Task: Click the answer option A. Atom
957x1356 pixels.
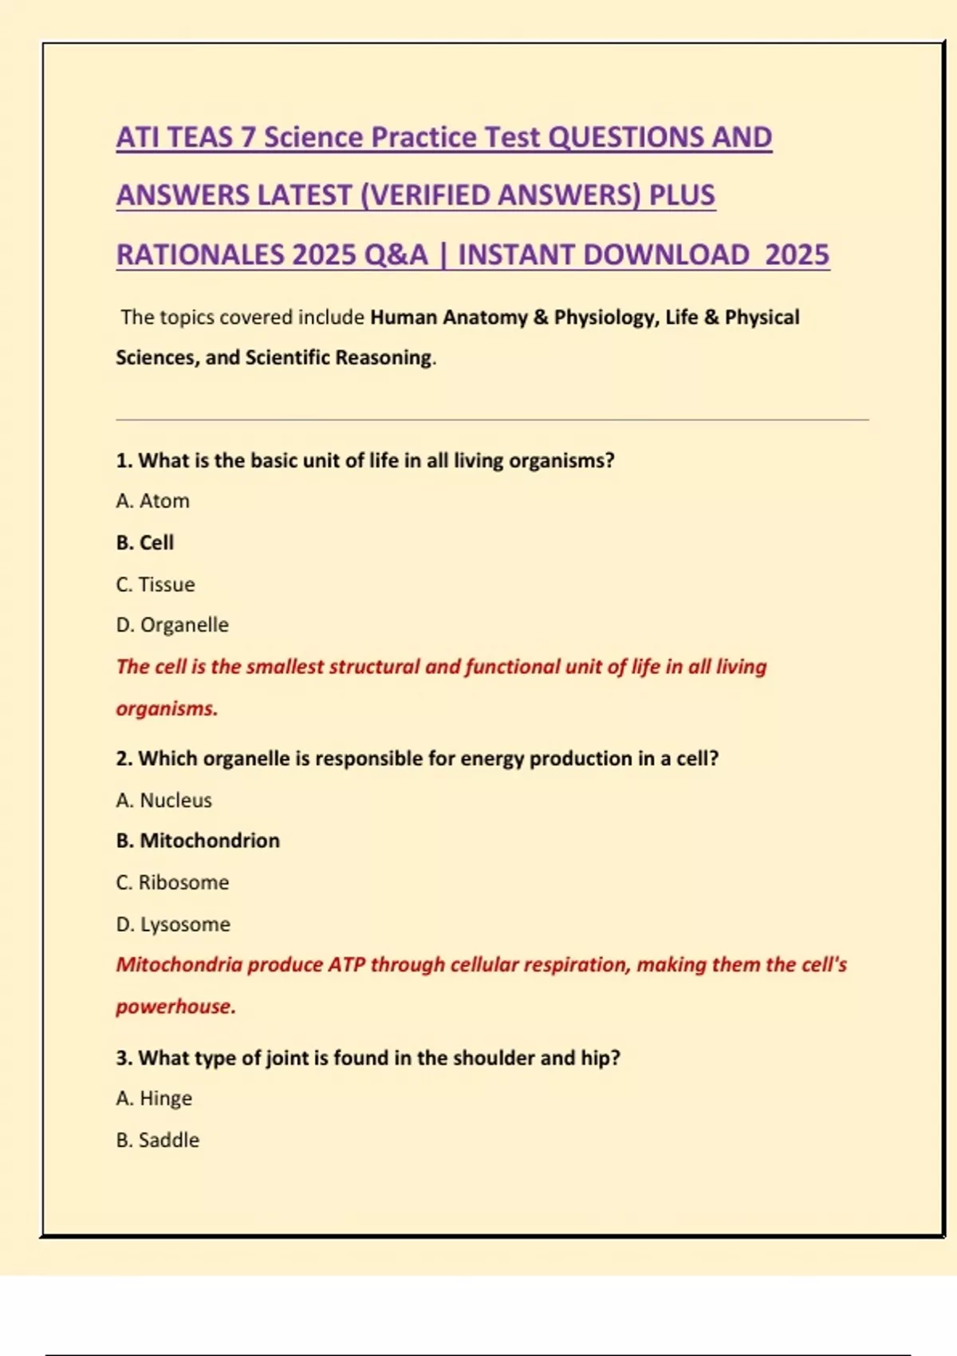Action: pos(152,501)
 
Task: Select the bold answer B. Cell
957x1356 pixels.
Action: pos(144,542)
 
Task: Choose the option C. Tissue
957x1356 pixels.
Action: pos(155,585)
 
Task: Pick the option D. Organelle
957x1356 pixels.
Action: pos(172,625)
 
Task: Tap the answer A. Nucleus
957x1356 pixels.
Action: pos(163,800)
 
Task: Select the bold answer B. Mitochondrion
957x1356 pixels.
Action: pos(198,841)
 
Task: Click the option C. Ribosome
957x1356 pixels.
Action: pos(172,882)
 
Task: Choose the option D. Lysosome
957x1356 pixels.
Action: pos(173,924)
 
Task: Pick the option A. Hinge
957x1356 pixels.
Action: pos(154,1098)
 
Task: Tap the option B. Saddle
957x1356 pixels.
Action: pos(157,1140)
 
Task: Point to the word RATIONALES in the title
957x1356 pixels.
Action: pos(200,255)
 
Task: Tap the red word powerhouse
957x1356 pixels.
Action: pos(175,1007)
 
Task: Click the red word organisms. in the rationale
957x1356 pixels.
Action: pos(167,708)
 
